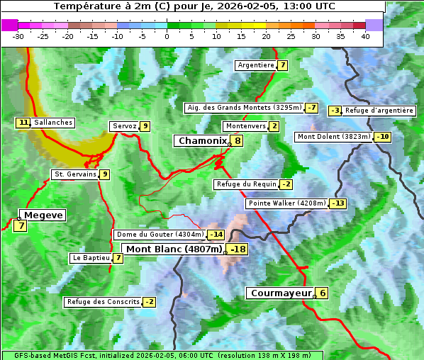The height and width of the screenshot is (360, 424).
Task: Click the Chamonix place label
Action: pos(201,141)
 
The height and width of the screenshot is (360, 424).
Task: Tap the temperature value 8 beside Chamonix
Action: pos(238,141)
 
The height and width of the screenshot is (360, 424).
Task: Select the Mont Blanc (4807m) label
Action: pos(174,249)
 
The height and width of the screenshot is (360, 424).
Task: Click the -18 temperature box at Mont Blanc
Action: pos(238,249)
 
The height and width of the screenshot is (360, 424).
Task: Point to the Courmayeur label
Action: pos(281,293)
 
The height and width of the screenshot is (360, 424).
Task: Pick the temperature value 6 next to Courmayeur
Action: pos(322,293)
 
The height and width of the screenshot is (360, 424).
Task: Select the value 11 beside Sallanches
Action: pos(23,123)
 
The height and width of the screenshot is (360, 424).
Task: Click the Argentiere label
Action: pos(256,65)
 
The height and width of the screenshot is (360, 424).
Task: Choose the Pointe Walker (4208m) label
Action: pos(286,203)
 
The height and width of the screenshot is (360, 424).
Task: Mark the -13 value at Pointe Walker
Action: pos(337,203)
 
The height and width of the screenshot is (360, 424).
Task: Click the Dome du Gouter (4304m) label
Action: pos(160,235)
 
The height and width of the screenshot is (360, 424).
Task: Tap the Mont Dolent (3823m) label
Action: pos(333,137)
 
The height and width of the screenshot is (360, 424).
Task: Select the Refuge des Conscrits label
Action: pos(103,302)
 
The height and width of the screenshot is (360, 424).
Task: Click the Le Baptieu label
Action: pos(91,258)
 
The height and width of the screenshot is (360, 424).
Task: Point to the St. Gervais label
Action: pos(74,174)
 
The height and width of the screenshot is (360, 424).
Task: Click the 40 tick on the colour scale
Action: pos(365,36)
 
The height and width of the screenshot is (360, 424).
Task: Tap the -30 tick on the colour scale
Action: pos(18,36)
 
